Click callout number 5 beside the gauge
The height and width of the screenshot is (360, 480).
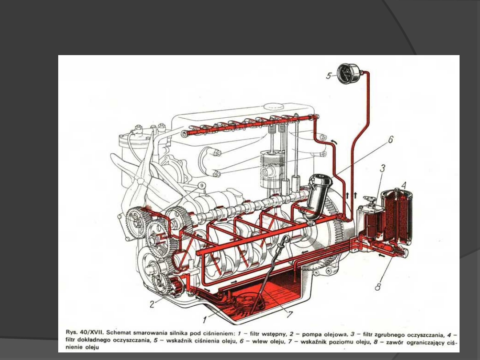[x=328, y=76]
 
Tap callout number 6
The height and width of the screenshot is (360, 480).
[x=391, y=140]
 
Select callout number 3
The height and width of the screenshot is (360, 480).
[x=382, y=168]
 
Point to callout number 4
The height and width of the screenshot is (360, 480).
[x=403, y=184]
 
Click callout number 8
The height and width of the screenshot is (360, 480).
[x=378, y=287]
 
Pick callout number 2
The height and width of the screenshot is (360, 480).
[x=152, y=304]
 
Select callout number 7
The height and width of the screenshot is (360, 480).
[x=290, y=314]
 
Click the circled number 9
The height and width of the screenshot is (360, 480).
[x=201, y=186]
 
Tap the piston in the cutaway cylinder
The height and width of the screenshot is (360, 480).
[x=271, y=164]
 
